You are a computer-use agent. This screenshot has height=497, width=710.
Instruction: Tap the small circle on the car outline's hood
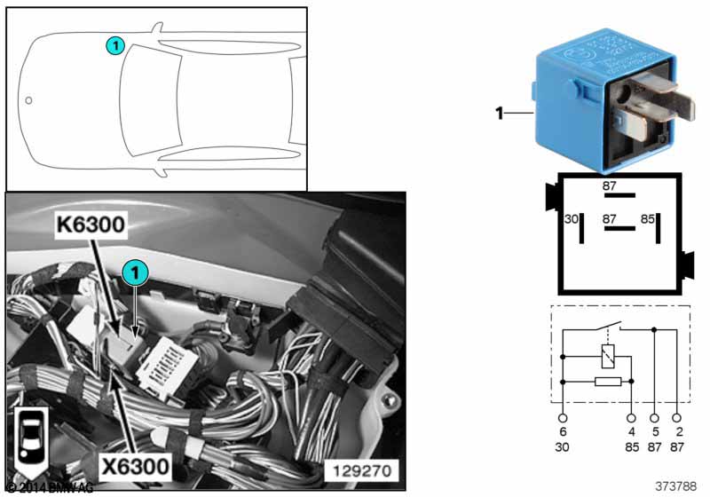click(28, 100)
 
